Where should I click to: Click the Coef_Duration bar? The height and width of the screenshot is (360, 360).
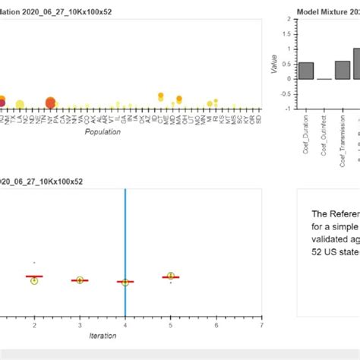point(306,71)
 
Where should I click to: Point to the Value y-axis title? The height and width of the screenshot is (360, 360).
point(274,64)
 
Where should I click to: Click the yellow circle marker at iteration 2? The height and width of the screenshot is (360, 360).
point(34,280)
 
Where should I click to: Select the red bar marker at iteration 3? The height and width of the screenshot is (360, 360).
point(79,280)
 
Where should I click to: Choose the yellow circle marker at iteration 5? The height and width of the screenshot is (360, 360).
point(171,276)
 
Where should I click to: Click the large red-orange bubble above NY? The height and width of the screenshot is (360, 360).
point(51,103)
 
